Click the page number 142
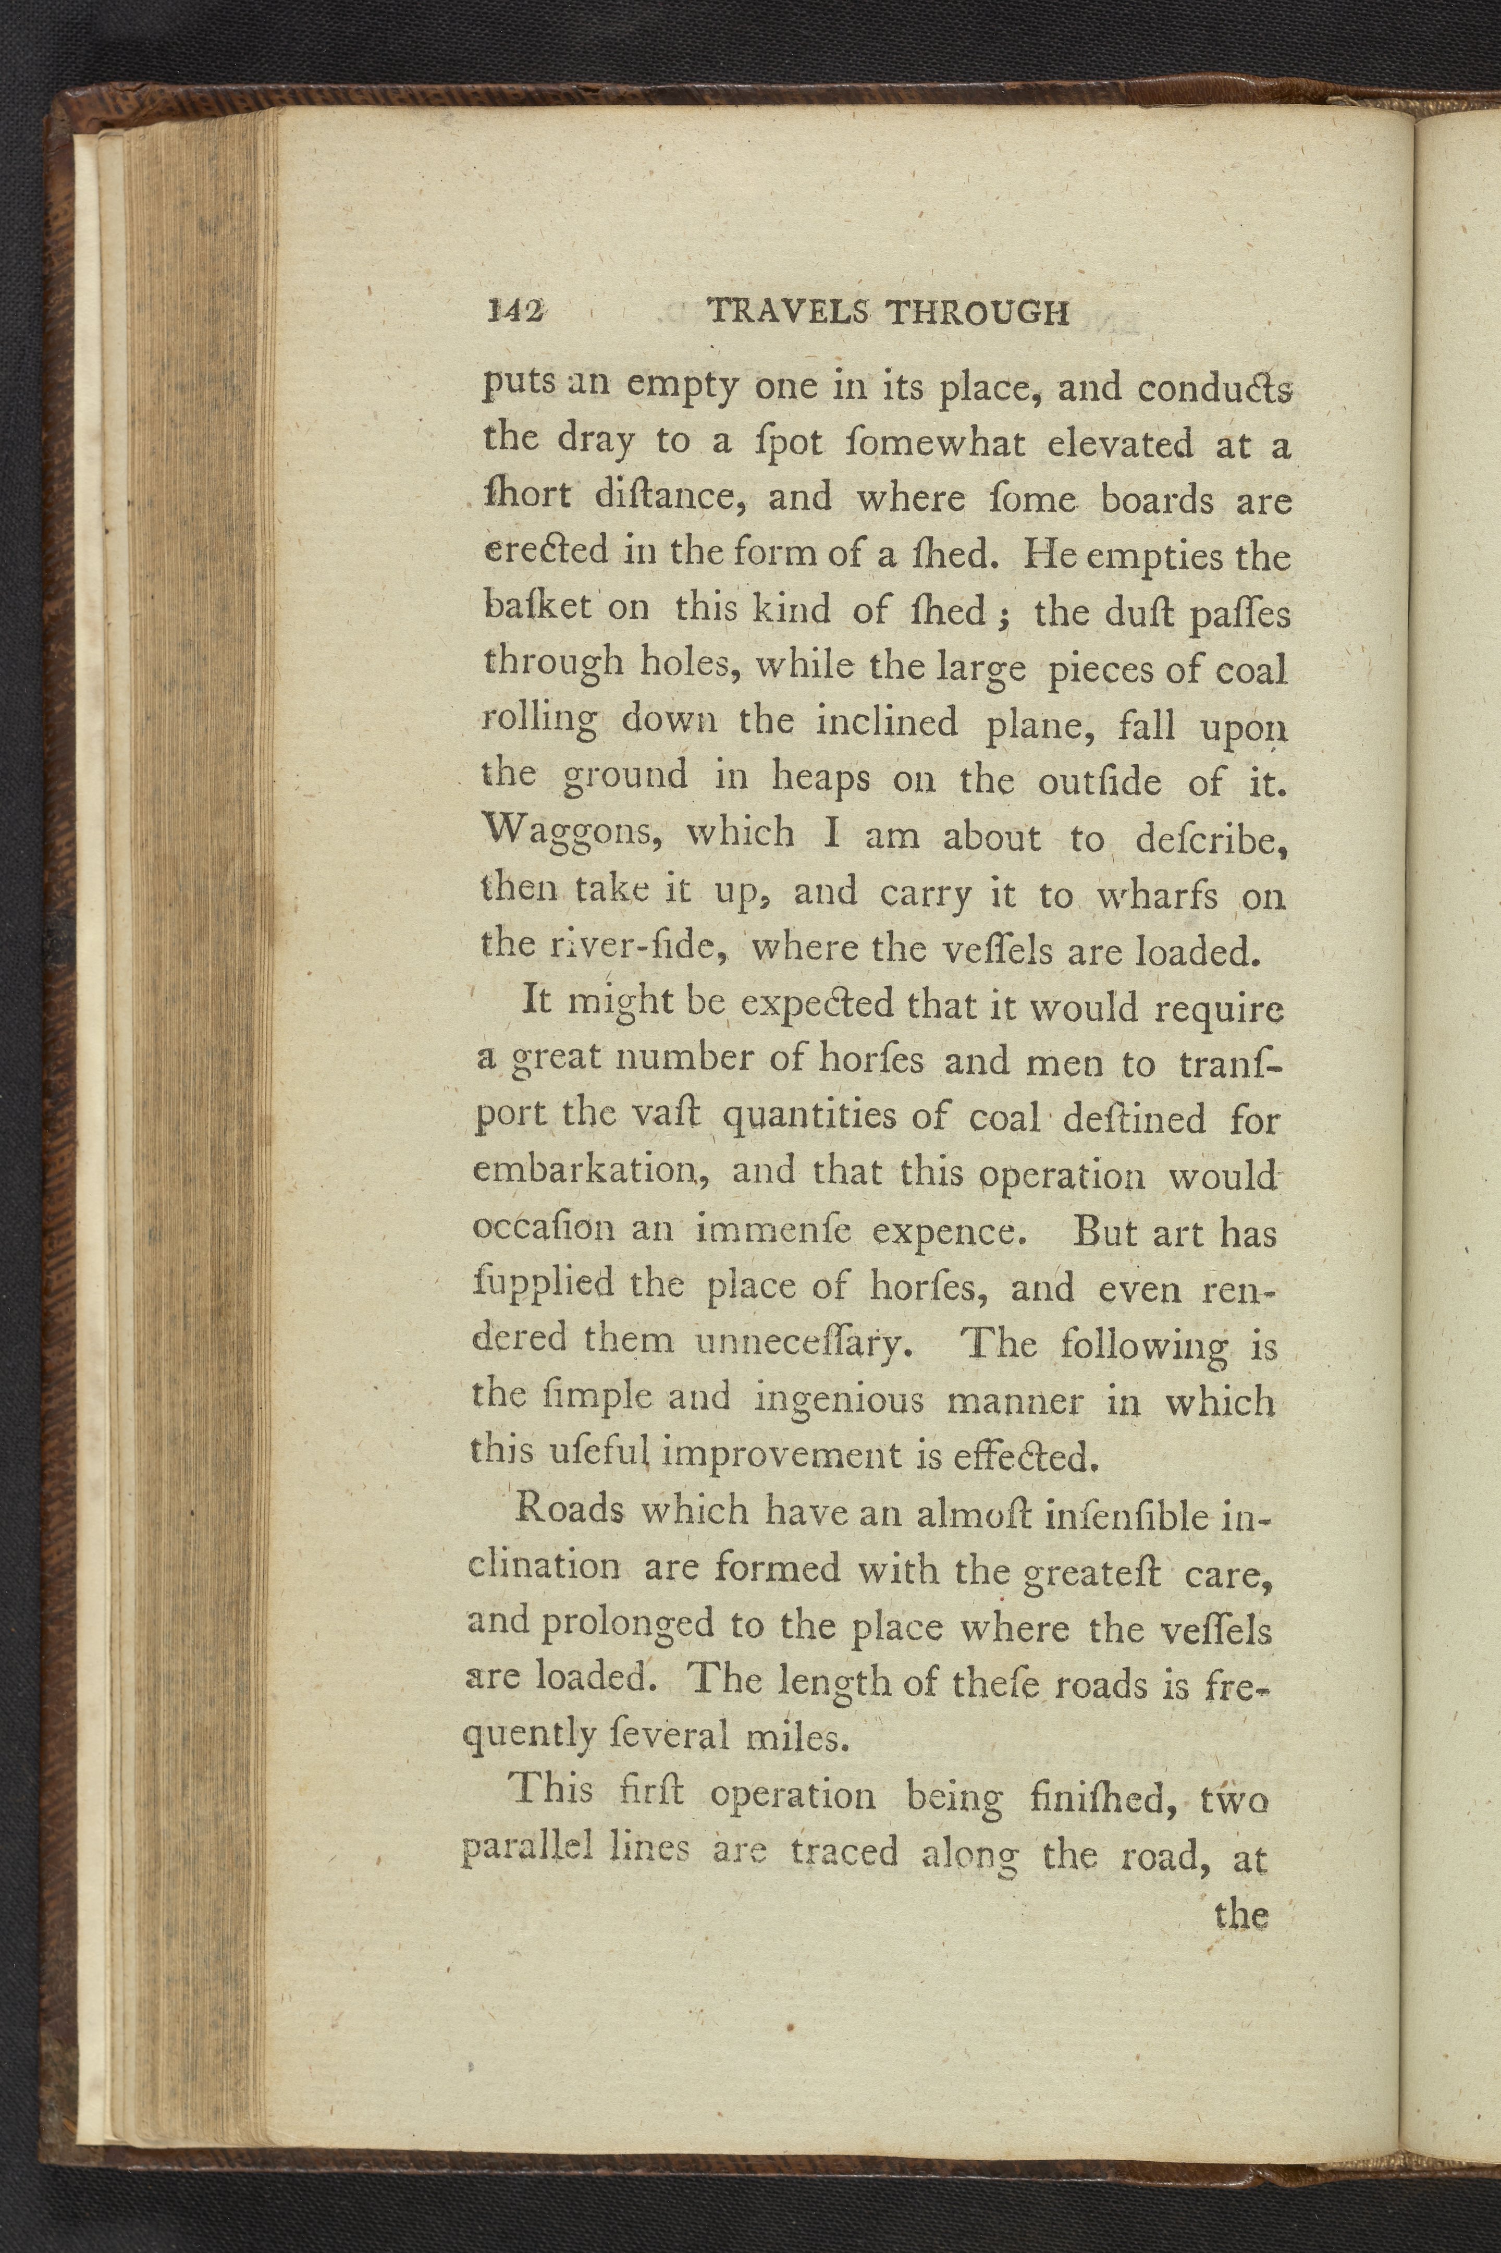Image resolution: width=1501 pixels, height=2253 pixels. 515,311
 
